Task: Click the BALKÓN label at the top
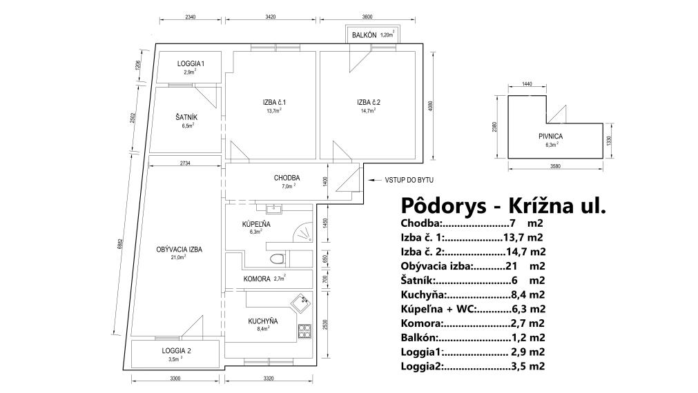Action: click(364, 34)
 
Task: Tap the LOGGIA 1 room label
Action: click(190, 63)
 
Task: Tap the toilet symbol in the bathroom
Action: click(278, 259)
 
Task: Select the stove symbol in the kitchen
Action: click(304, 331)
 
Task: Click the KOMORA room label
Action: click(258, 279)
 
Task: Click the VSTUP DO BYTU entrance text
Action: click(403, 181)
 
